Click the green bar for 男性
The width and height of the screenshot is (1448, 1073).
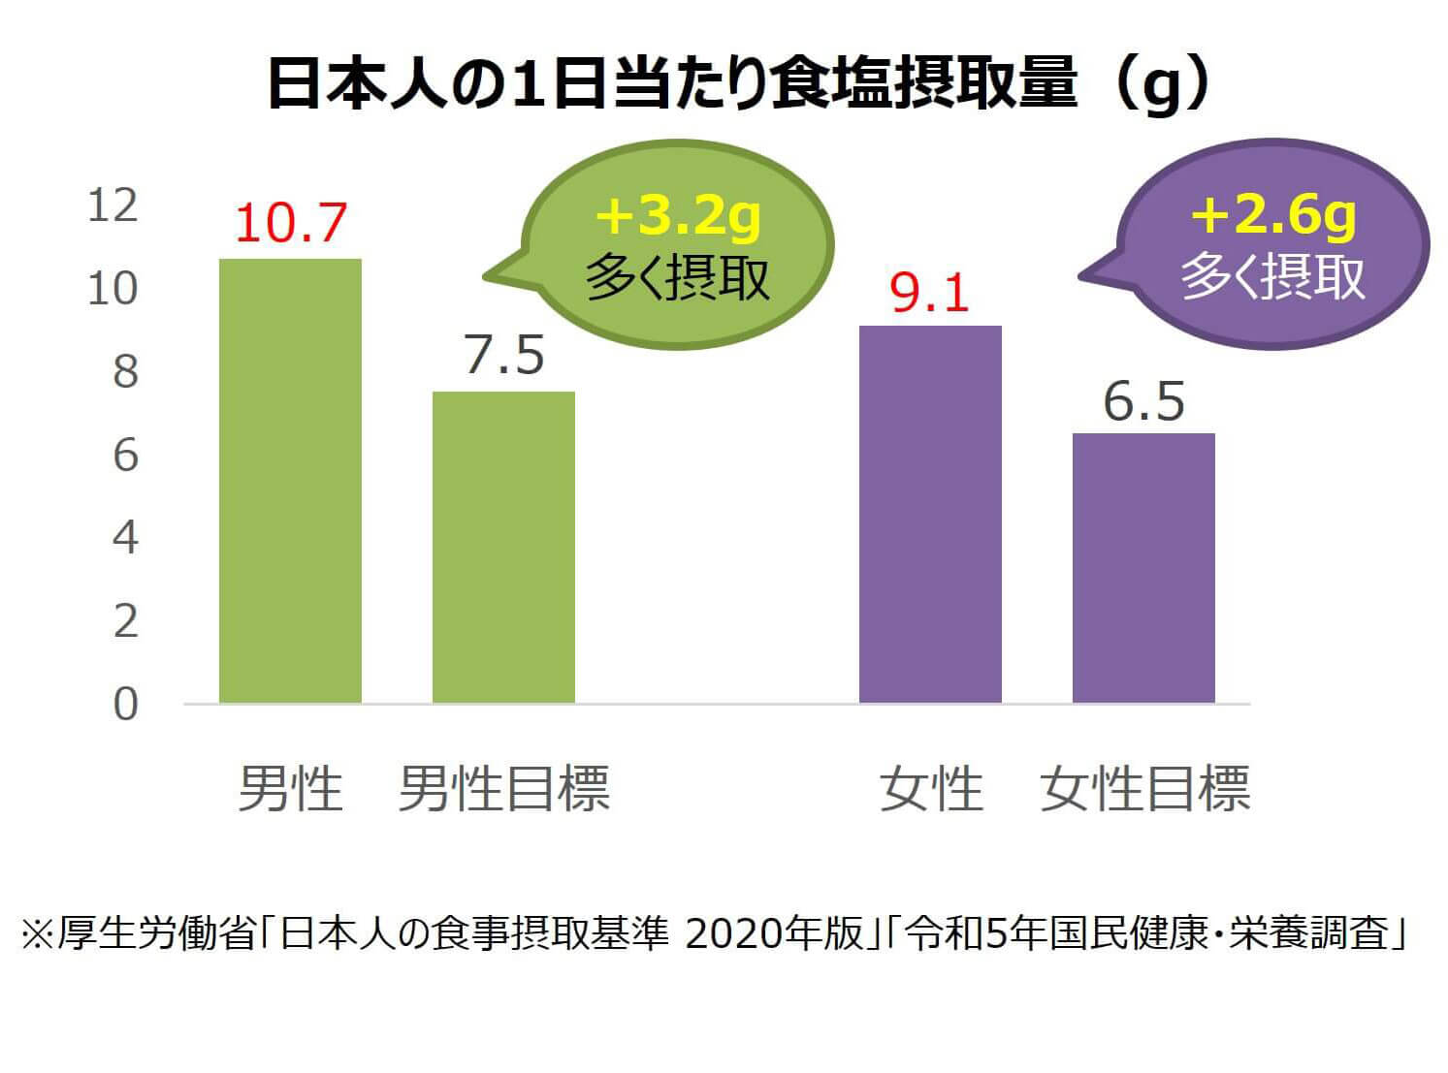pos(290,481)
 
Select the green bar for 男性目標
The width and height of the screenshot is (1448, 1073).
pos(503,547)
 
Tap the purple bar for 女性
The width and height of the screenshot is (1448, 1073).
pos(930,514)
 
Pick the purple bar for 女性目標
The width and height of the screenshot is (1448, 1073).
pos(1143,568)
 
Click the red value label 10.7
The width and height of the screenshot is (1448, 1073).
pos(290,223)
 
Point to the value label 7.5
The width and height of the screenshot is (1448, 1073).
pos(504,356)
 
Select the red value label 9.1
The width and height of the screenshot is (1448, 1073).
pos(930,292)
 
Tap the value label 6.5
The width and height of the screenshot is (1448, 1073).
pos(1144,401)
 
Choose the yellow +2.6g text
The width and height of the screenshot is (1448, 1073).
pos(1273,216)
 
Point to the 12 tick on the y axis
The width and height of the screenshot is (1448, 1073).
pos(113,206)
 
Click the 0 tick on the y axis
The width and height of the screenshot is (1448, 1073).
pos(125,705)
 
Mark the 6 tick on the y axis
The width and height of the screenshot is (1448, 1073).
pos(125,456)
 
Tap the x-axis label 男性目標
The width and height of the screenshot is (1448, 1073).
pos(503,788)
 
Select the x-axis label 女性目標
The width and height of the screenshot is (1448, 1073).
pos(1144,788)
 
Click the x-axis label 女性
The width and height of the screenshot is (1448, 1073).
pos(930,788)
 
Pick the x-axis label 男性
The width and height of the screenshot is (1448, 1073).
pos(290,788)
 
